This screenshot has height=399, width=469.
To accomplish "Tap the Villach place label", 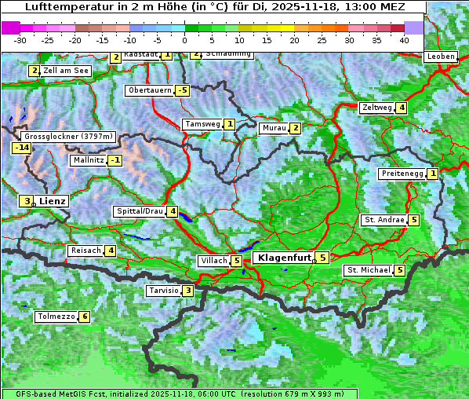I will [x=213, y=261].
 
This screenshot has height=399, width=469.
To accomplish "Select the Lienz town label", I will [x=52, y=201].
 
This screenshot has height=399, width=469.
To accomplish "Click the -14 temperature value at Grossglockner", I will [x=21, y=148].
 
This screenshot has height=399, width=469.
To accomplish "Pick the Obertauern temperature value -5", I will [x=183, y=90].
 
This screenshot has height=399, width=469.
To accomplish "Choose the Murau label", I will [x=273, y=128].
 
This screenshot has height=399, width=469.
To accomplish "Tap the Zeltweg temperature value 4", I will [x=402, y=108].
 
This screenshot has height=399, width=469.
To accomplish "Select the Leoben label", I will [x=440, y=57].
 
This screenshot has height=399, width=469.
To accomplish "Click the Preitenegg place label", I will [x=402, y=174].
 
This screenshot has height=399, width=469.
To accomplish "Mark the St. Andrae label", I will [x=384, y=220].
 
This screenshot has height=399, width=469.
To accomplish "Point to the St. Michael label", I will [x=369, y=270].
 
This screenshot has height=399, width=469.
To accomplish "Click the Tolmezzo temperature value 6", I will [x=85, y=317].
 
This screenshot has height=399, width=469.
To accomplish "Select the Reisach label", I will [x=85, y=251].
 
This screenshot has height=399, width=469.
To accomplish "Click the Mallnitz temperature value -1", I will [x=115, y=160].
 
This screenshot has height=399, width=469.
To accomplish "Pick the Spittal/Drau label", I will [x=140, y=211].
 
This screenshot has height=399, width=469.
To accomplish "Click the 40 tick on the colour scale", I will [x=404, y=39].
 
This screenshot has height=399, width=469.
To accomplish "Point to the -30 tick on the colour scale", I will [x=20, y=39].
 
